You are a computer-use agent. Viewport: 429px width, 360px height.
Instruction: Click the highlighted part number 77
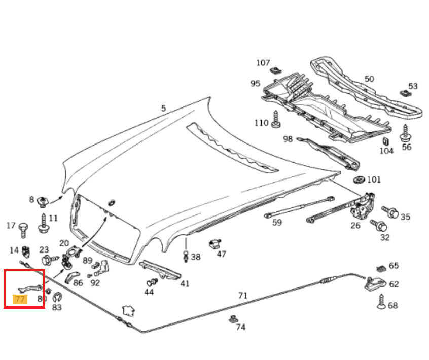click(20, 299)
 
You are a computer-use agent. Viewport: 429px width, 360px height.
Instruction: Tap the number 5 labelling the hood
click(163, 108)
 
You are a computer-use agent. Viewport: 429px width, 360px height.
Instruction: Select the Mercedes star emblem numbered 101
click(359, 180)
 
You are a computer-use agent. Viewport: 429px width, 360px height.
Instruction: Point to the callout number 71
click(243, 295)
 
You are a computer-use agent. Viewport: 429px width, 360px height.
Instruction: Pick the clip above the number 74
click(234, 319)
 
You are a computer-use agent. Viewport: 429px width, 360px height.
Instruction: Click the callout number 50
click(369, 79)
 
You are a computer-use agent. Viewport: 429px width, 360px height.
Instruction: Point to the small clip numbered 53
click(405, 93)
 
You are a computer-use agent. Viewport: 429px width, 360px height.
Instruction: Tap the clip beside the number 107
click(276, 70)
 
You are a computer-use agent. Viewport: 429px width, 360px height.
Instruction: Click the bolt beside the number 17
click(23, 230)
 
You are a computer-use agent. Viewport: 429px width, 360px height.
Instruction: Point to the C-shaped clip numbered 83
click(57, 298)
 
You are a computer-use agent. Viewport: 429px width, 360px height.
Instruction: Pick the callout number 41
click(185, 283)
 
